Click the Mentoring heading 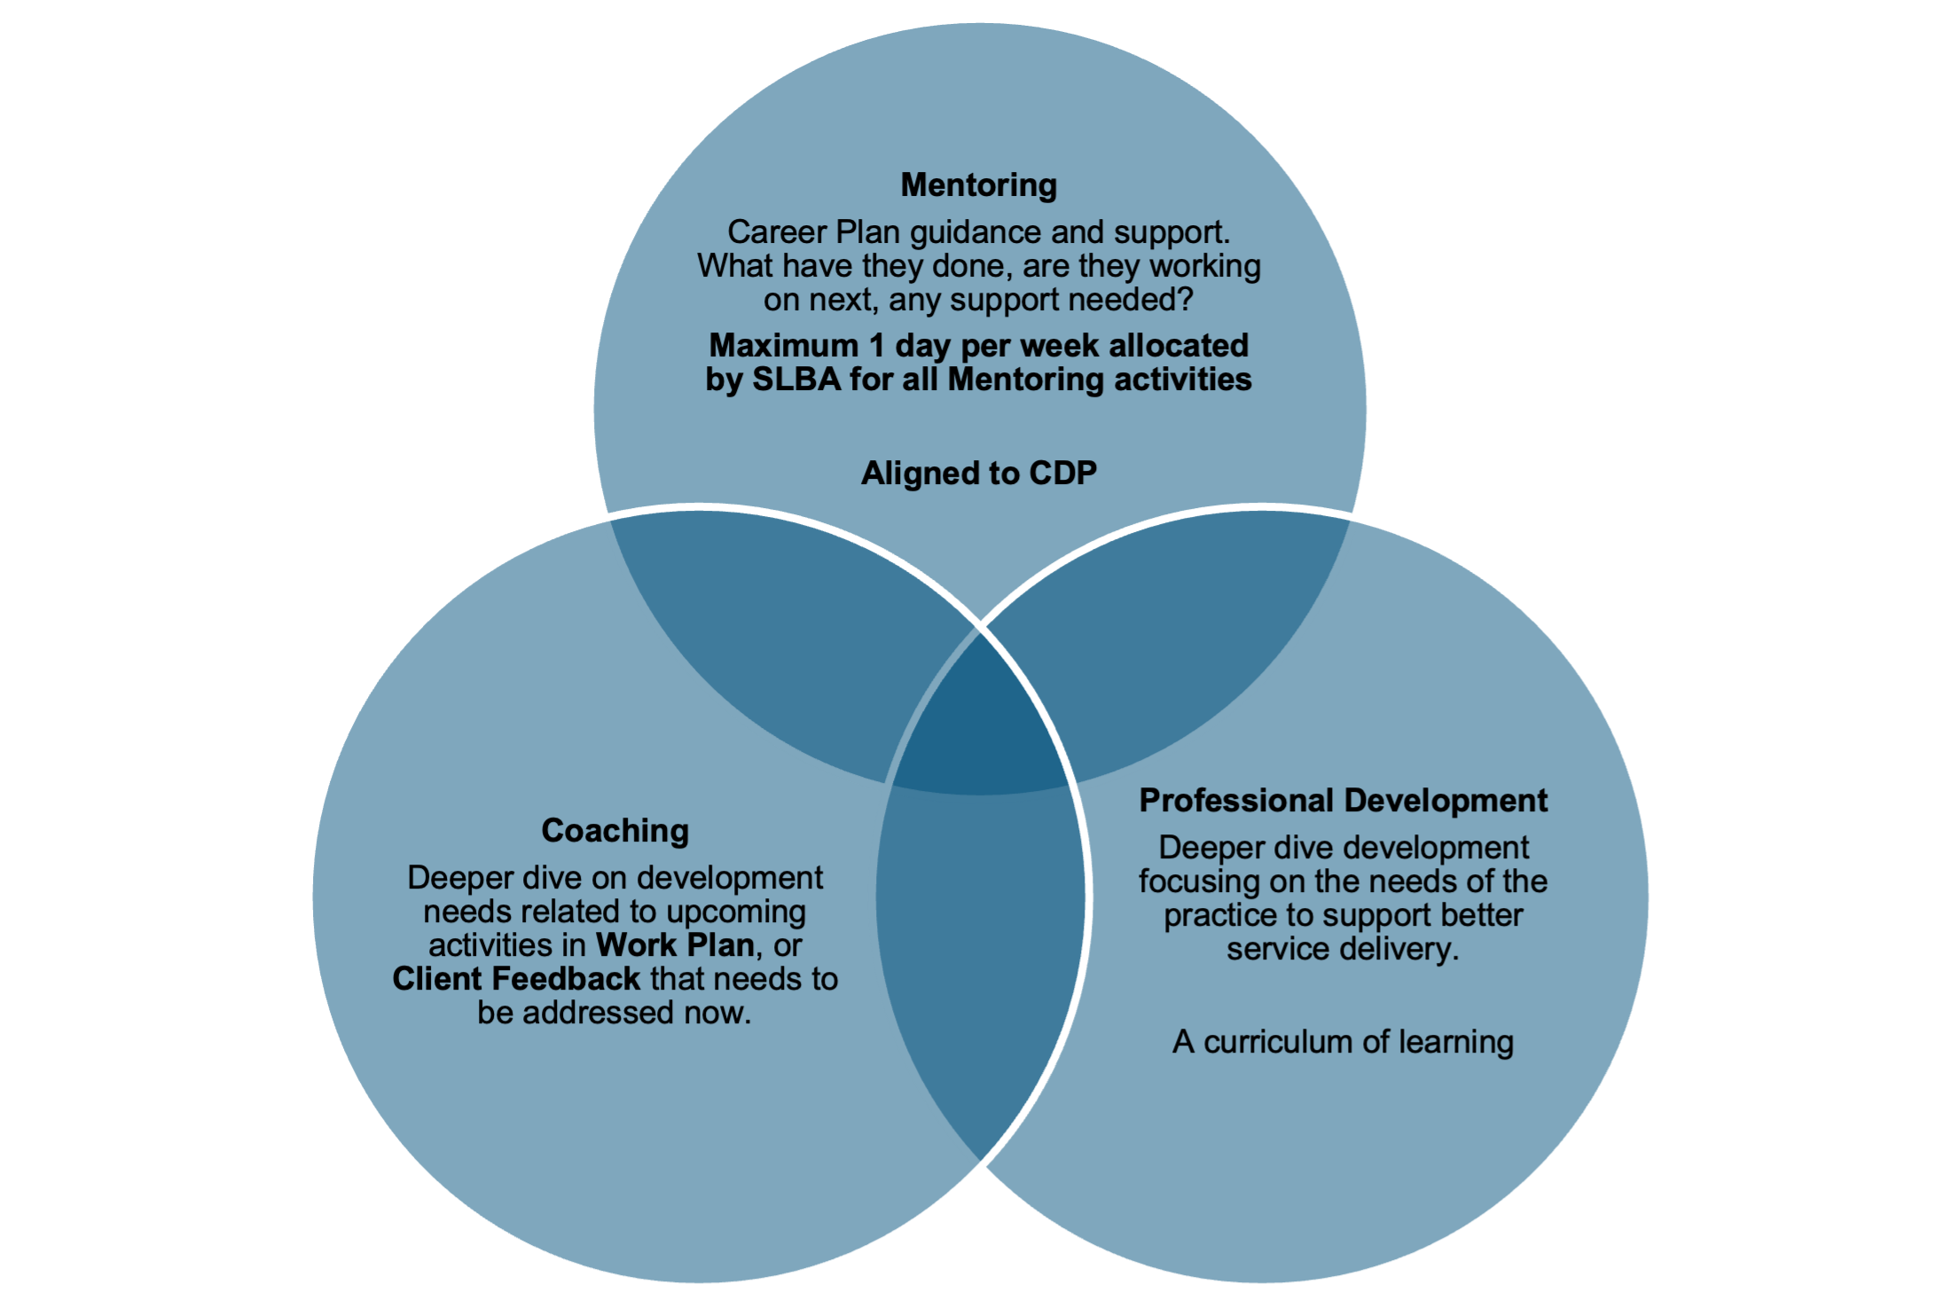click(x=979, y=185)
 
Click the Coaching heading click(x=615, y=831)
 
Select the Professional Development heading click(x=1343, y=801)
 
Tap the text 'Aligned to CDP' click(x=979, y=474)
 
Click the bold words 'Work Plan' click(x=675, y=945)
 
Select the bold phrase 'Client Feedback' click(x=516, y=979)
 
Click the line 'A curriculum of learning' click(x=1343, y=1042)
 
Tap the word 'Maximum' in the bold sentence click(x=784, y=346)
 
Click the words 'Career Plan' click(x=814, y=232)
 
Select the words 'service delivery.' click(x=1343, y=949)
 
